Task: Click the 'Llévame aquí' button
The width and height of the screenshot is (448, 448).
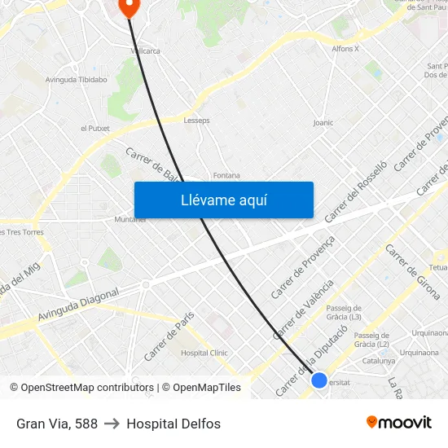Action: (223, 200)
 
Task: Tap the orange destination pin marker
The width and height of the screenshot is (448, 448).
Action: (129, 7)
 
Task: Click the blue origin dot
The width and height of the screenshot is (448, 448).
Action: (319, 380)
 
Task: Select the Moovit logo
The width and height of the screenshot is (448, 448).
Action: (398, 422)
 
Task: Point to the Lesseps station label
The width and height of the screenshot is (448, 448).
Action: (197, 120)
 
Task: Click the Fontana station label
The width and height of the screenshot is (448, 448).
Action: (226, 175)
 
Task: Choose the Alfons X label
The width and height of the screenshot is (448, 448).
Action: (345, 49)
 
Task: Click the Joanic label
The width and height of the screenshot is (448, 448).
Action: (323, 123)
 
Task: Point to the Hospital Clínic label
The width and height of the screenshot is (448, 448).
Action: (204, 353)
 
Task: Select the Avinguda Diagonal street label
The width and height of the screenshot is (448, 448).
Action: (79, 304)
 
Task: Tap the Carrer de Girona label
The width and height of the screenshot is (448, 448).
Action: (412, 271)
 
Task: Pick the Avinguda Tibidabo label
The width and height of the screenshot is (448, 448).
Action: (77, 80)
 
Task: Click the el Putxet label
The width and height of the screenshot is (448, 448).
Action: (94, 129)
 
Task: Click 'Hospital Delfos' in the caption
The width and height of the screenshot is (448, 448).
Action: (173, 424)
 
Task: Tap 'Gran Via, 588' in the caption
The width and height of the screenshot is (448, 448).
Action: (57, 424)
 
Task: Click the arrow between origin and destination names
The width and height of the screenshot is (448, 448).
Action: (112, 424)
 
